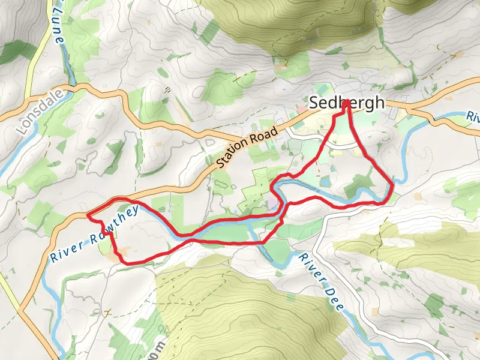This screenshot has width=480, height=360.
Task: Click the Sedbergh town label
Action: [346, 103]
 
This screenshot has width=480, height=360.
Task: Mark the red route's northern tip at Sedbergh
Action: [347, 103]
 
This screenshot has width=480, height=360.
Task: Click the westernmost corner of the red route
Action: [88, 215]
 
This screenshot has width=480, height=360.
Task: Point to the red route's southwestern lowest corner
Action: [124, 262]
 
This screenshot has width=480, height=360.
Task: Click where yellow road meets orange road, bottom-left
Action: [19, 311]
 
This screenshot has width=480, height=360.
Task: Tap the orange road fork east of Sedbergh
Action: [410, 109]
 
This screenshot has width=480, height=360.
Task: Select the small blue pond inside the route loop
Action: [324, 180]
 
